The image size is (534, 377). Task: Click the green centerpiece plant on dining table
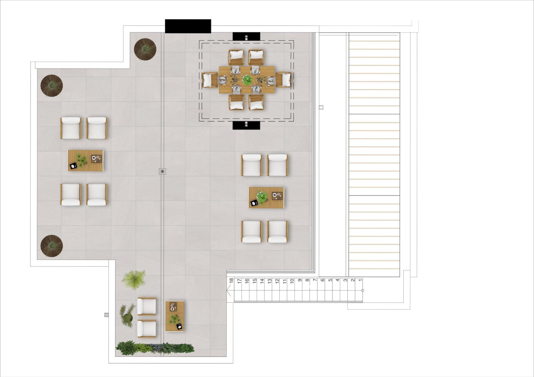(247, 80)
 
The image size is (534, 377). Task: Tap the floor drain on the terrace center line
(162, 171)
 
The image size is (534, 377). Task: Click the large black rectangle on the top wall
(188, 26)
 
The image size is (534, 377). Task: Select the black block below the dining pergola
(246, 125)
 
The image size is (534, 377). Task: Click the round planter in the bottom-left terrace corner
(51, 246)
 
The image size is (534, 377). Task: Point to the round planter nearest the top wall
(145, 49)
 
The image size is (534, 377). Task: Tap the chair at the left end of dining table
(210, 80)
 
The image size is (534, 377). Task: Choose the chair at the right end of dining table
(283, 80)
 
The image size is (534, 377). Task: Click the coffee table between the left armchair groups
(85, 161)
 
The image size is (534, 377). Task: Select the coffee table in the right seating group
(266, 198)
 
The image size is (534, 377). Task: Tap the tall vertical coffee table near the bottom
(175, 316)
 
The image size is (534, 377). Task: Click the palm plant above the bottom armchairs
(134, 279)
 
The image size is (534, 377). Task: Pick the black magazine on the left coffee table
(73, 166)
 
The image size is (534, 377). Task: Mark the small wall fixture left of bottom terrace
(106, 315)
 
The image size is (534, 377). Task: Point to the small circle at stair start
(362, 291)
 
